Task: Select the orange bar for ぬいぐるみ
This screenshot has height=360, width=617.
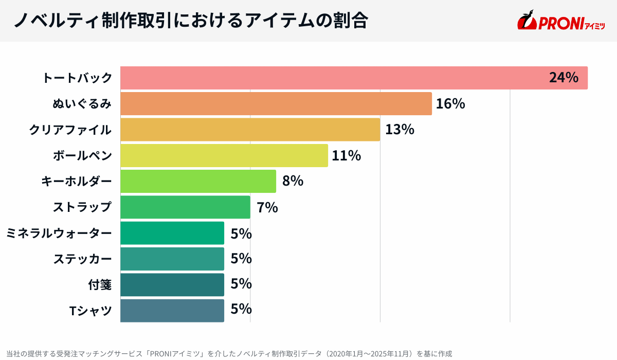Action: point(276,104)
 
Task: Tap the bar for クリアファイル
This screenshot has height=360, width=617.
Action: point(250,130)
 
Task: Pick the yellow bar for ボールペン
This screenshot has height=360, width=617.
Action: point(224,155)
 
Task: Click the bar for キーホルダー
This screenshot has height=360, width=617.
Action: point(198,181)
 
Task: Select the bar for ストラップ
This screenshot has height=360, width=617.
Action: point(185,207)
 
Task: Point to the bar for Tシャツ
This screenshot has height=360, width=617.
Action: point(172,311)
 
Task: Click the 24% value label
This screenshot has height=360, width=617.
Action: point(564,78)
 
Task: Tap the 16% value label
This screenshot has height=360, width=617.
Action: point(450,104)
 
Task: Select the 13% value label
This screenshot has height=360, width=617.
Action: point(400,130)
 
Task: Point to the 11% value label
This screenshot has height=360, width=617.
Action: point(347,155)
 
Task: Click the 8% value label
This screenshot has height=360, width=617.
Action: point(293,181)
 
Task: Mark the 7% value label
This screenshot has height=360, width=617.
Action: point(267,207)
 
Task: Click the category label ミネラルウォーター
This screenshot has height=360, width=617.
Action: point(59,233)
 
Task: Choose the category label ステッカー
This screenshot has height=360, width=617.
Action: point(82,259)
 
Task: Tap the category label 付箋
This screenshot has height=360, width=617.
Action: point(100,284)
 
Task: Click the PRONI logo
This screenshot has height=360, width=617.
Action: point(560,21)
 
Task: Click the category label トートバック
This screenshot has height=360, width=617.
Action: point(77,78)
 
